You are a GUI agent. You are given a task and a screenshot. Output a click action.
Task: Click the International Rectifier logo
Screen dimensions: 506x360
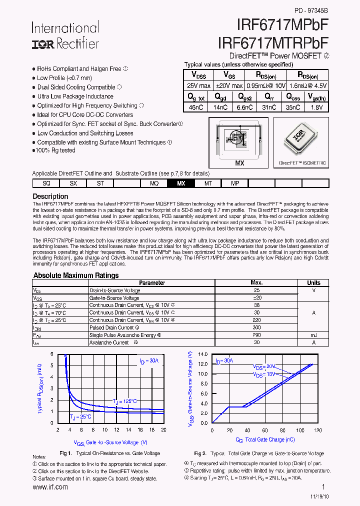[x=65, y=35]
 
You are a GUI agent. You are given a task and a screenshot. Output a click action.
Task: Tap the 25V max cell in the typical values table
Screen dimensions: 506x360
[x=198, y=85]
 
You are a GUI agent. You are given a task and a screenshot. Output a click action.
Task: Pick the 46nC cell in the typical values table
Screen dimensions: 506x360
[x=196, y=107]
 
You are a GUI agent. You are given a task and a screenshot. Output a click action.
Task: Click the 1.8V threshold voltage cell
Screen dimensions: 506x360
[x=316, y=107]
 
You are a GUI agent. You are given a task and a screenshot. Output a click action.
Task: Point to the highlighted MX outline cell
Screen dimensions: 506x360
[x=181, y=183]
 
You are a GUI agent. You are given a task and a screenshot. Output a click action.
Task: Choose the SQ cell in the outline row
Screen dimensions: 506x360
[x=46, y=183]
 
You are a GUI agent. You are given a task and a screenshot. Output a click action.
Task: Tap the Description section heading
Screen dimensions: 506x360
[x=50, y=196]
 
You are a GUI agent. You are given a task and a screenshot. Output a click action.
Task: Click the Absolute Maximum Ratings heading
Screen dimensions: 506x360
[x=76, y=275]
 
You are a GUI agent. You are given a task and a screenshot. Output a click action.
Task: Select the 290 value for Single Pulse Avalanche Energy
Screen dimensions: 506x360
[x=256, y=335]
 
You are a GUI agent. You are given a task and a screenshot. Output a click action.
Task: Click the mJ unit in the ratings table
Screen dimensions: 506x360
[x=313, y=335]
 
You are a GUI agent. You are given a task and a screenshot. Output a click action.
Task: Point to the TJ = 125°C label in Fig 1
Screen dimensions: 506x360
[x=124, y=401]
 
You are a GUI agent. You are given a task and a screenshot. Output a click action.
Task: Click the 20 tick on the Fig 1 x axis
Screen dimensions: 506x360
[x=163, y=430]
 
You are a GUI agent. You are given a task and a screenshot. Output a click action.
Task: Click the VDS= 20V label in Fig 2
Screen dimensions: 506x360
[x=264, y=366]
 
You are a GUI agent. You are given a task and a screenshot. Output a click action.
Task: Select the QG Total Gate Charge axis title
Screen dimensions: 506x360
[x=265, y=440]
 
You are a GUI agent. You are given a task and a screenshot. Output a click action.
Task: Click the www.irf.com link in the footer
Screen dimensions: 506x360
[x=50, y=487]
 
